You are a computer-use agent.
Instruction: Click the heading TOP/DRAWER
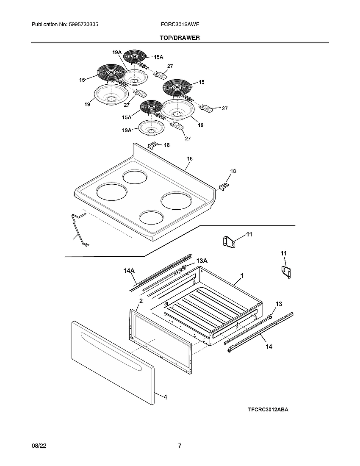click(x=180, y=38)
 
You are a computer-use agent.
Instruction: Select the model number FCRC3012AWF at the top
click(x=180, y=25)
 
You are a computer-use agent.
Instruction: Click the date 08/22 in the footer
click(x=38, y=446)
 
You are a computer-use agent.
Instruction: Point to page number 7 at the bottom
click(x=180, y=446)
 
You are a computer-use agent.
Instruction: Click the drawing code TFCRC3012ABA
click(x=268, y=410)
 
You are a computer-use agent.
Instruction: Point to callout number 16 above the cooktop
click(x=190, y=159)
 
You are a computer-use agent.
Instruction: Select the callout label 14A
click(x=129, y=270)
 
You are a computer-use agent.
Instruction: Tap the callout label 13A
click(x=202, y=261)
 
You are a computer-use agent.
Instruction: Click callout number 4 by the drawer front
click(x=165, y=397)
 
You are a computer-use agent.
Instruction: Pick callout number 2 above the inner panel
click(x=141, y=301)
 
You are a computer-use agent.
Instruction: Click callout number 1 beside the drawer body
click(x=241, y=276)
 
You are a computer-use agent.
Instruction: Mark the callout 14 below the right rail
click(x=269, y=346)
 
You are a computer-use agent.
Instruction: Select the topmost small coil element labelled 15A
click(x=135, y=56)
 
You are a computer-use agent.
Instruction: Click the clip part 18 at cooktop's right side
click(x=224, y=186)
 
